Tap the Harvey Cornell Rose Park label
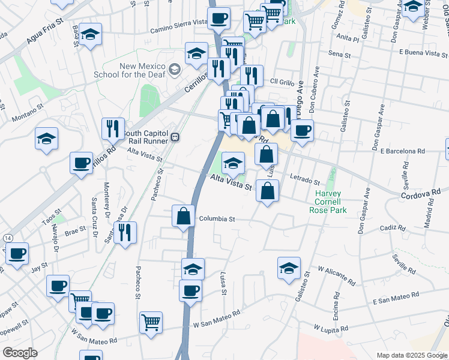click(328, 202)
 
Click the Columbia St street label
click(217, 219)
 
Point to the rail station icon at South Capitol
click(175, 137)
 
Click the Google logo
click(19, 353)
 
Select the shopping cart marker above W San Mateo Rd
click(151, 322)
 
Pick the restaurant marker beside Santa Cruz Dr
click(125, 232)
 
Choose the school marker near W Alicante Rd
click(289, 268)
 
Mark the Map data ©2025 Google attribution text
click(411, 355)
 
